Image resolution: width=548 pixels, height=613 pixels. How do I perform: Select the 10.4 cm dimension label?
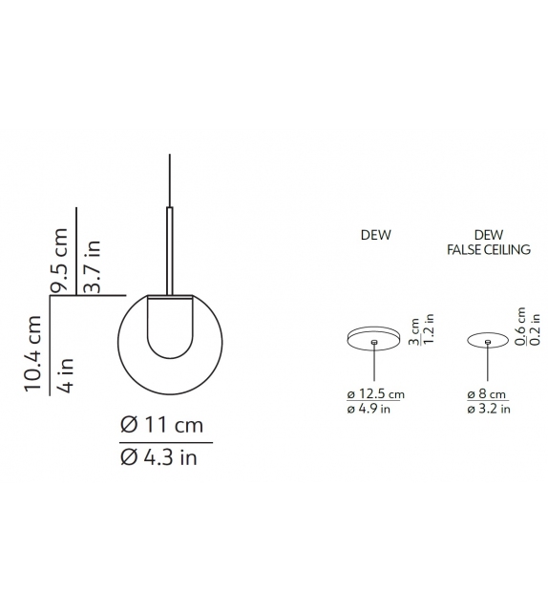pos(35,353)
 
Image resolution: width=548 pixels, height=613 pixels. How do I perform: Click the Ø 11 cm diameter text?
pos(163,426)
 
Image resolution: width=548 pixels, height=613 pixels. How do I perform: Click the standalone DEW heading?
pos(376,235)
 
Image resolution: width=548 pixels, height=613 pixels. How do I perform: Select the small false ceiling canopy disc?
pos(487,339)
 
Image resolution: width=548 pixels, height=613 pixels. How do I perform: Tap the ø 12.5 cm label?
pos(376,393)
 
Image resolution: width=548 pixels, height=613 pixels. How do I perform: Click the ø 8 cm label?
pos(486,393)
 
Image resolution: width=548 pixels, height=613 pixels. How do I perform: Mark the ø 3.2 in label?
pos(488,409)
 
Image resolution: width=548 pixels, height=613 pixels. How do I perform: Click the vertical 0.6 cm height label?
pos(520,326)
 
